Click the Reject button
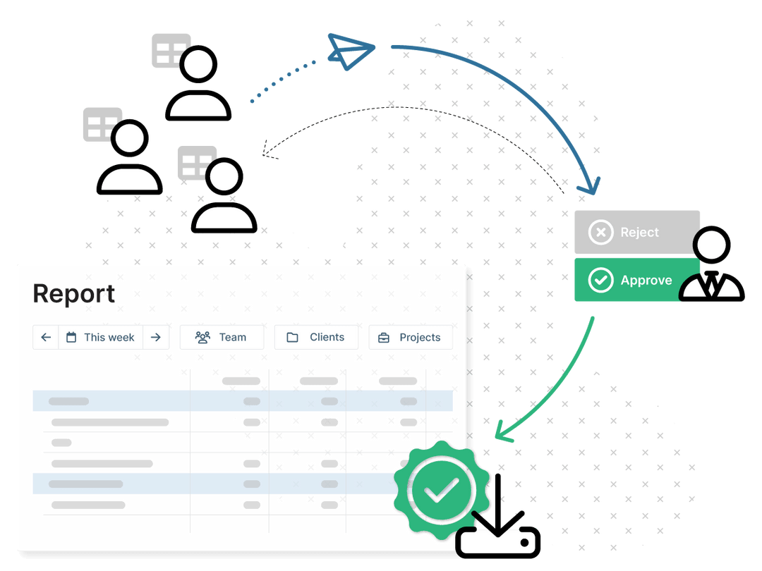click(636, 232)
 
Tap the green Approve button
click(636, 280)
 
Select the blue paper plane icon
click(351, 51)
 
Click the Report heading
click(74, 294)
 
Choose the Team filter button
click(222, 337)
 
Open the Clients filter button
click(316, 337)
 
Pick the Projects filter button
click(411, 337)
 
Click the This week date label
click(109, 338)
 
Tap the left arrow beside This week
click(46, 337)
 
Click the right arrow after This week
click(155, 337)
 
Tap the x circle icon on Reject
click(600, 232)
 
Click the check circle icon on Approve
click(600, 280)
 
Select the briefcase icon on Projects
click(384, 338)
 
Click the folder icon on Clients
click(293, 338)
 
